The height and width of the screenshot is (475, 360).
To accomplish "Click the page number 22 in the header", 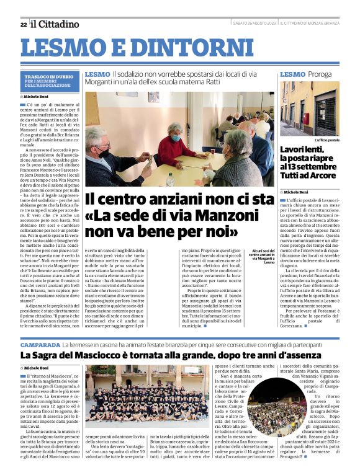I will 23,24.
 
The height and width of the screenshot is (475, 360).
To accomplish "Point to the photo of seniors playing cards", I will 179,140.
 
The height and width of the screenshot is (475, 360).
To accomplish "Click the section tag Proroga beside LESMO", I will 320,74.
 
